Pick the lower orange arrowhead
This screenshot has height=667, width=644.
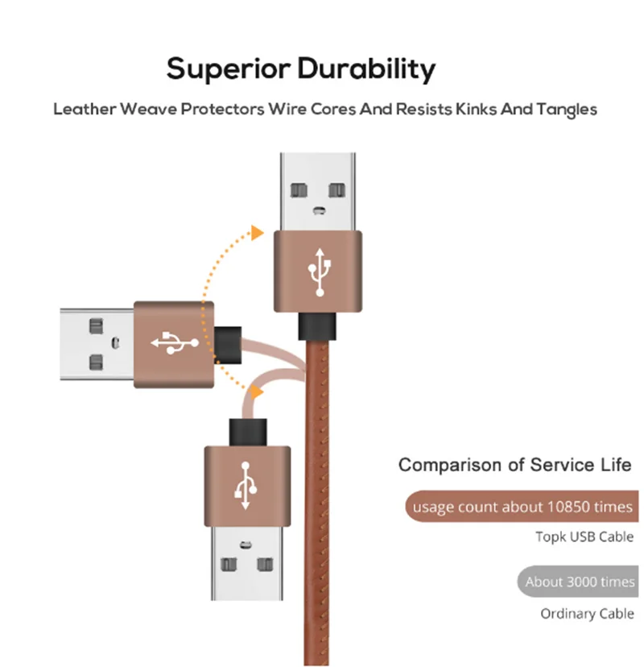click(255, 392)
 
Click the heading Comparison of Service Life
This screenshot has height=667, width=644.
click(516, 465)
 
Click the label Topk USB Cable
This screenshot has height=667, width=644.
click(584, 536)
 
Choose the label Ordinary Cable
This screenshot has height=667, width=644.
click(587, 614)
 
